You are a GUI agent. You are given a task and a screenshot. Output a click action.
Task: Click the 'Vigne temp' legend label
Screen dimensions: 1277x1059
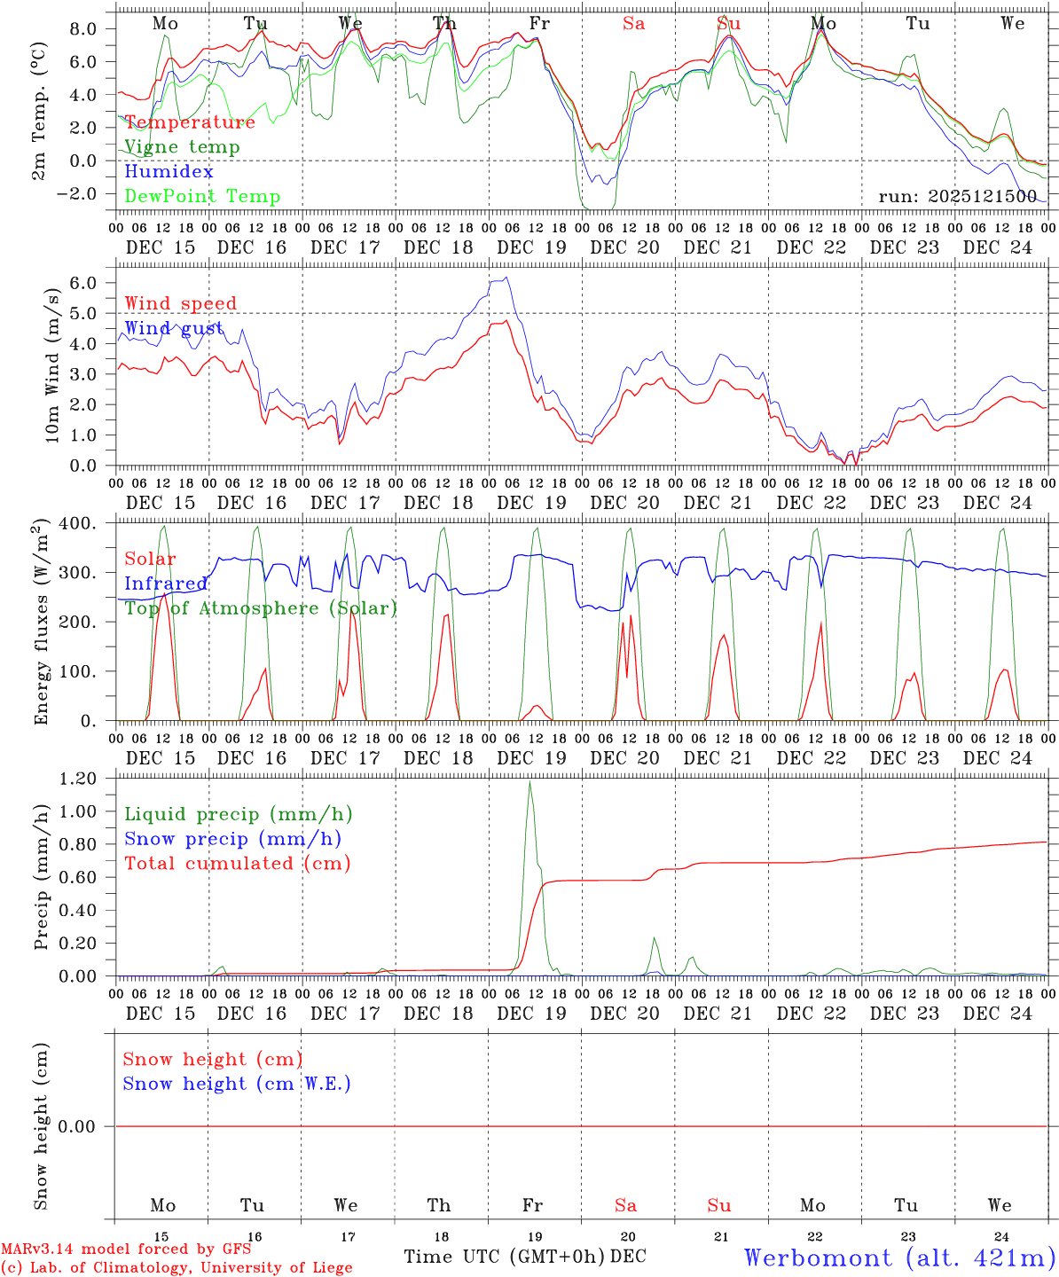182,147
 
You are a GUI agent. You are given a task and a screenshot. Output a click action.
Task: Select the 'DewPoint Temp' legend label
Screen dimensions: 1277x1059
202,197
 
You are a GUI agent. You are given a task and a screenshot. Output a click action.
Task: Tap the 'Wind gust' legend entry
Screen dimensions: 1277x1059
174,329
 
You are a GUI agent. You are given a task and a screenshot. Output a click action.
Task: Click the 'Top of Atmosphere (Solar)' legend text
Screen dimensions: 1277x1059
261,608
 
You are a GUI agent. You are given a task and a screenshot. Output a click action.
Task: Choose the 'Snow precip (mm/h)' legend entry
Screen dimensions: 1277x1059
232,839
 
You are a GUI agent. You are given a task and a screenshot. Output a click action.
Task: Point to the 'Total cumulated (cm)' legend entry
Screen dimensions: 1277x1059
237,864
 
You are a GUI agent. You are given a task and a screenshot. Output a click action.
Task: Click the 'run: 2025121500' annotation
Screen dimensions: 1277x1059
957,197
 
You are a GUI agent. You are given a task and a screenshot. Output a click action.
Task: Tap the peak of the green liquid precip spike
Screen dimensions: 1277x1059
529,782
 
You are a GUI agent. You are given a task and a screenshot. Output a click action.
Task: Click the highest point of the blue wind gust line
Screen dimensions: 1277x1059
506,278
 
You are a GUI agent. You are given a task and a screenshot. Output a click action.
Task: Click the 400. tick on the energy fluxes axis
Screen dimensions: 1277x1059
81,524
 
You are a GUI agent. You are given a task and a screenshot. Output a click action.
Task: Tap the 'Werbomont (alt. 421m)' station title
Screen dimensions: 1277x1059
899,1257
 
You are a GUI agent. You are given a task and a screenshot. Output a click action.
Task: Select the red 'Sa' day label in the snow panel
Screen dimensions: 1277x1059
625,1205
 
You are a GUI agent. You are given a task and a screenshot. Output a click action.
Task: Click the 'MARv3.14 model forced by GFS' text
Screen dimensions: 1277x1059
126,1250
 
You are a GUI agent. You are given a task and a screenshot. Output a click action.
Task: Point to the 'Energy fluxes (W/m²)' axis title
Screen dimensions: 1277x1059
41,625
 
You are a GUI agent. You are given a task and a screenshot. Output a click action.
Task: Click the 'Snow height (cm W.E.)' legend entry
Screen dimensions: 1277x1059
237,1084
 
